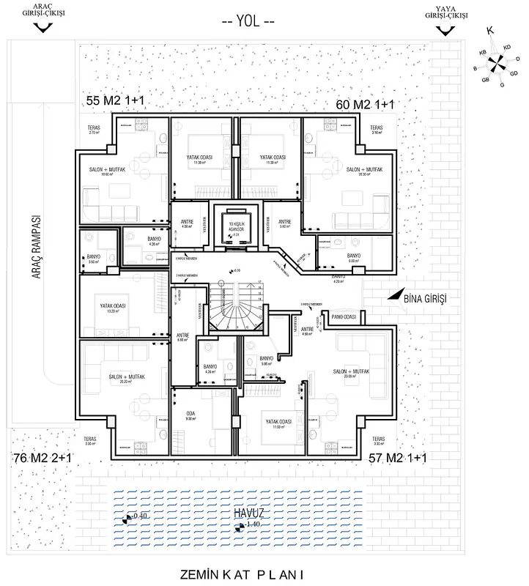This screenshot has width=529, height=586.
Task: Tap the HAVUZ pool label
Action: [250, 513]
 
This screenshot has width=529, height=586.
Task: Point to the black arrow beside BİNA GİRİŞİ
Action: [396, 295]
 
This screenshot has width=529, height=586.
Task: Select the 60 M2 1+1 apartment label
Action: [364, 105]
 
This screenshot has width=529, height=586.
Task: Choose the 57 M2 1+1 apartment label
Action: [398, 458]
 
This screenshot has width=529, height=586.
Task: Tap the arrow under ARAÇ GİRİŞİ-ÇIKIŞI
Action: [44, 27]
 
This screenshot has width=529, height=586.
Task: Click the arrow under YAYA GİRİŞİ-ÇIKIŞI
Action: [444, 29]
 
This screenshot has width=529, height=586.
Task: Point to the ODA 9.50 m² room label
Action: [192, 415]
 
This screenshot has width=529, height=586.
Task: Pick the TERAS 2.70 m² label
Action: [94, 130]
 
